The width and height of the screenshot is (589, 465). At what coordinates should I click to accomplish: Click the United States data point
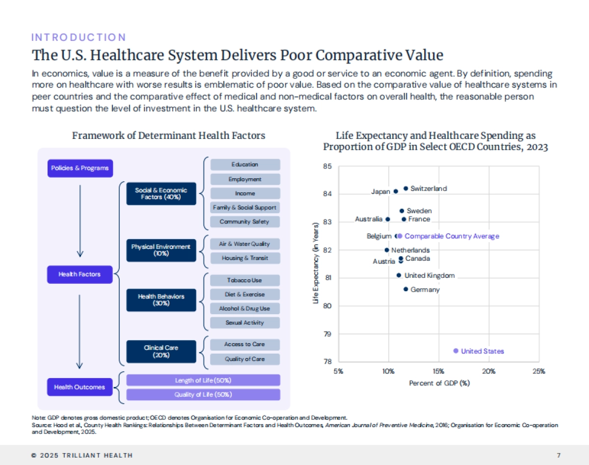[x=455, y=351]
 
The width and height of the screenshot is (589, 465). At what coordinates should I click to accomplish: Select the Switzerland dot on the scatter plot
[x=406, y=189]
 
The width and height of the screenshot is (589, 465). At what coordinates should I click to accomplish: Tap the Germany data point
[x=406, y=289]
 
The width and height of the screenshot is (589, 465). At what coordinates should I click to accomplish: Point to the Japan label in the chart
[x=380, y=192]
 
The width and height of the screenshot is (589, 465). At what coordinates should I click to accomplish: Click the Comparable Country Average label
[x=452, y=236]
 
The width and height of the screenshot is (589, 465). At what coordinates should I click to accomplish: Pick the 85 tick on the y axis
[x=327, y=166]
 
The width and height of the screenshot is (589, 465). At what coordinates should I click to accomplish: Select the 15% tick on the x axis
[x=438, y=371]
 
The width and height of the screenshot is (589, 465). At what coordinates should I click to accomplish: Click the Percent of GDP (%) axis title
[x=439, y=383]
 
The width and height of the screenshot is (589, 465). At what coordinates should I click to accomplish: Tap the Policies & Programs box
[x=80, y=168]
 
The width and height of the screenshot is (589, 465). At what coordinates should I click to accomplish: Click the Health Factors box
[x=80, y=274]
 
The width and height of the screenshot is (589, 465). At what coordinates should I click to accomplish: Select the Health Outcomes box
[x=80, y=387]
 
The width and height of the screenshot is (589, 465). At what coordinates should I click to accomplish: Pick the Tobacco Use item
[x=244, y=280]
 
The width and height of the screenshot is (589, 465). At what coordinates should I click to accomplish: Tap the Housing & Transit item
[x=244, y=258]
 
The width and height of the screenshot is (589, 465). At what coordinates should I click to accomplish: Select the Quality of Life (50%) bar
[x=203, y=395]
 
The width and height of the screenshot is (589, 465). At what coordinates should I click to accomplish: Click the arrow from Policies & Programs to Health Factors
[x=80, y=221]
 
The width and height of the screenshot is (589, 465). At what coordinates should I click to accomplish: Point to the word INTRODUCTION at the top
[x=79, y=37]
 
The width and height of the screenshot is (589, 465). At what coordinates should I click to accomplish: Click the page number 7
[x=559, y=455]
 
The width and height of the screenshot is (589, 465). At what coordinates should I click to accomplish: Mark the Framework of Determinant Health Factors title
[x=168, y=136]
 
